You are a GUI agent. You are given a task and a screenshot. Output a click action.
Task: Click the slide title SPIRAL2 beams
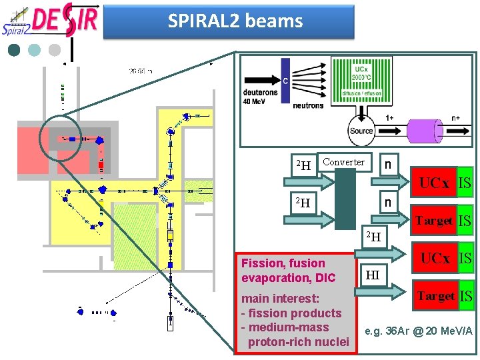[x=235, y=21]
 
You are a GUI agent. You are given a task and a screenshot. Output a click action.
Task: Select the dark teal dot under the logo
[x=14, y=49]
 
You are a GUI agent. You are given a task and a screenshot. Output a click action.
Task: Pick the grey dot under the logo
[x=55, y=49]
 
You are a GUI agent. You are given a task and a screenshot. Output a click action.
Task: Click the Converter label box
[x=343, y=162]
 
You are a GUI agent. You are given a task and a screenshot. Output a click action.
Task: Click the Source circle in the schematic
[x=361, y=131]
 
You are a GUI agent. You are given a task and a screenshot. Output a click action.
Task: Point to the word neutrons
[x=307, y=105]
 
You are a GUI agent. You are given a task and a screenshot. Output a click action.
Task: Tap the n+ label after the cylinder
[x=456, y=117]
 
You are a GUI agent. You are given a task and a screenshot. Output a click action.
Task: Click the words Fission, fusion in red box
[x=283, y=263]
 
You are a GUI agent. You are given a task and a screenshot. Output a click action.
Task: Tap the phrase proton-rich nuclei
[x=298, y=342]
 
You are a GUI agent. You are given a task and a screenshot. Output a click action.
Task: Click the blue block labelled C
[x=285, y=82]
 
